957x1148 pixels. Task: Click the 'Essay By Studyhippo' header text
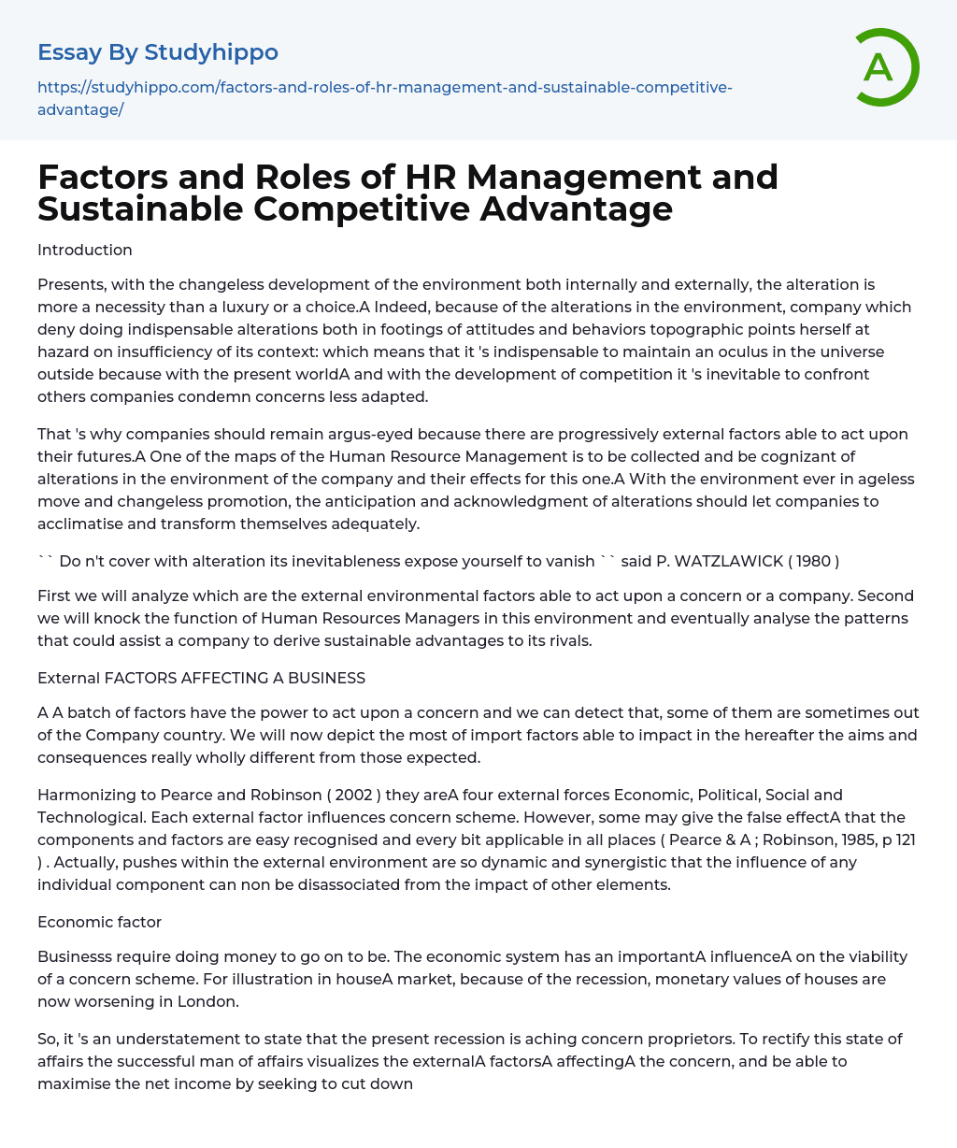coord(158,52)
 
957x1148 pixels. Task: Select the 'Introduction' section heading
coord(85,251)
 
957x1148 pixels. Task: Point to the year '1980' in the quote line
coord(813,561)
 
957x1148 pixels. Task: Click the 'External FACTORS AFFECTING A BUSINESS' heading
coord(201,678)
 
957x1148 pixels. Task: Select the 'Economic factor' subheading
coord(99,922)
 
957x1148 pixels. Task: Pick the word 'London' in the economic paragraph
coord(211,1001)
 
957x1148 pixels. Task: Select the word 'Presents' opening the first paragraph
coord(70,284)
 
